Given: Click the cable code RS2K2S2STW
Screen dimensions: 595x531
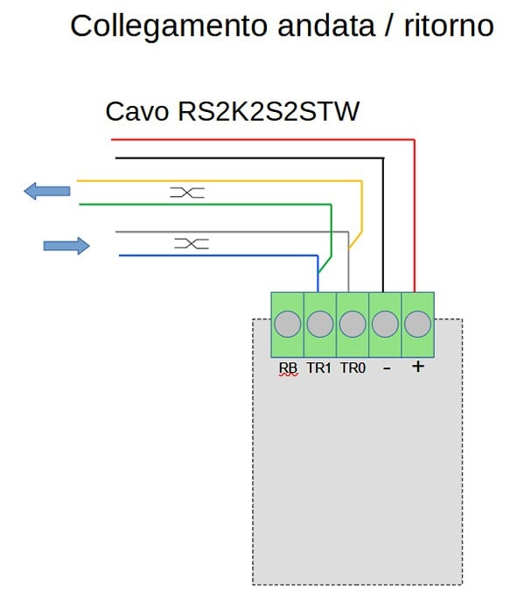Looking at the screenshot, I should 269,112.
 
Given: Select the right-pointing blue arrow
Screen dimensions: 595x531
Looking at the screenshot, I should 66,246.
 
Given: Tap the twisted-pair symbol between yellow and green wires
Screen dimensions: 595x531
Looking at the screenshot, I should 187,192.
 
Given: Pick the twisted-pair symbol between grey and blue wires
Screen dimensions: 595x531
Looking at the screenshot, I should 191,244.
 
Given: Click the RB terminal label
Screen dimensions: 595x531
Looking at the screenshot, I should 288,368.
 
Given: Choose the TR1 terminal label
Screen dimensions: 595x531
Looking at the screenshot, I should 319,368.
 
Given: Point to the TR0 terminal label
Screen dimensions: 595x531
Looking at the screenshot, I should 353,368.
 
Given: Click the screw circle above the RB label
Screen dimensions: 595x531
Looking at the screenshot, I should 288,325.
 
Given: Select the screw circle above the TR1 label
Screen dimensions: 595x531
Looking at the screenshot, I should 320,325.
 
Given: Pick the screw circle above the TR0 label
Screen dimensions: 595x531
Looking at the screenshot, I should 353,325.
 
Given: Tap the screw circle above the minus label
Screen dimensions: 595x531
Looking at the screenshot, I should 385,325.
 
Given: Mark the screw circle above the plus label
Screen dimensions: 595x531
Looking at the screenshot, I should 417,325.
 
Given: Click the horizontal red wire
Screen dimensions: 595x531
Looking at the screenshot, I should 262,139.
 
